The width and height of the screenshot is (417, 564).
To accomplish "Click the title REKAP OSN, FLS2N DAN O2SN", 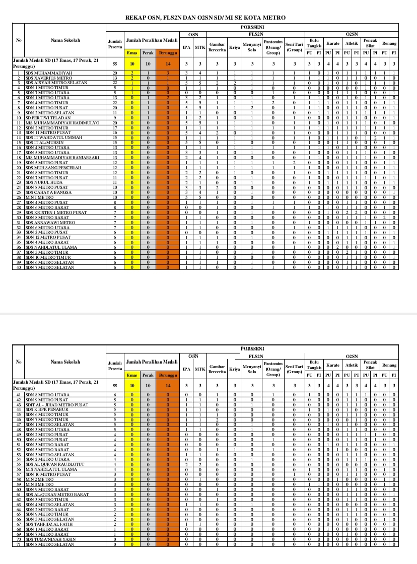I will coord(205,18).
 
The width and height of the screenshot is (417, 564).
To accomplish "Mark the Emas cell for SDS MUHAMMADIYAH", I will coord(132,74).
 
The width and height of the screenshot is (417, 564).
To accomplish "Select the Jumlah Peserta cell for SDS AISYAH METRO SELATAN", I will coord(115,83).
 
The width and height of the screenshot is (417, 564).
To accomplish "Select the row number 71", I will coord(19,544).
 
